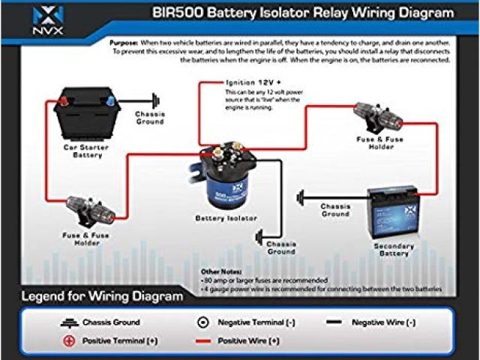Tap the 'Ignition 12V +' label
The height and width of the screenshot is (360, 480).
tap(250, 82)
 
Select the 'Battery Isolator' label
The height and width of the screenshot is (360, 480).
tap(226, 218)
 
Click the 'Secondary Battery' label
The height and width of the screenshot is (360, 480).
tap(394, 249)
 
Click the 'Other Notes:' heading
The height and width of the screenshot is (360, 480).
tap(222, 271)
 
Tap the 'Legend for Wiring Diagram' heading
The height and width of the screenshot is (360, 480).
tap(103, 296)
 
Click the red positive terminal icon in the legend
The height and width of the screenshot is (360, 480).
tap(70, 340)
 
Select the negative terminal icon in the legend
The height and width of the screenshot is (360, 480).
tap(202, 322)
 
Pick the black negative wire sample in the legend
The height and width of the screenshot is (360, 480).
tap(334, 322)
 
